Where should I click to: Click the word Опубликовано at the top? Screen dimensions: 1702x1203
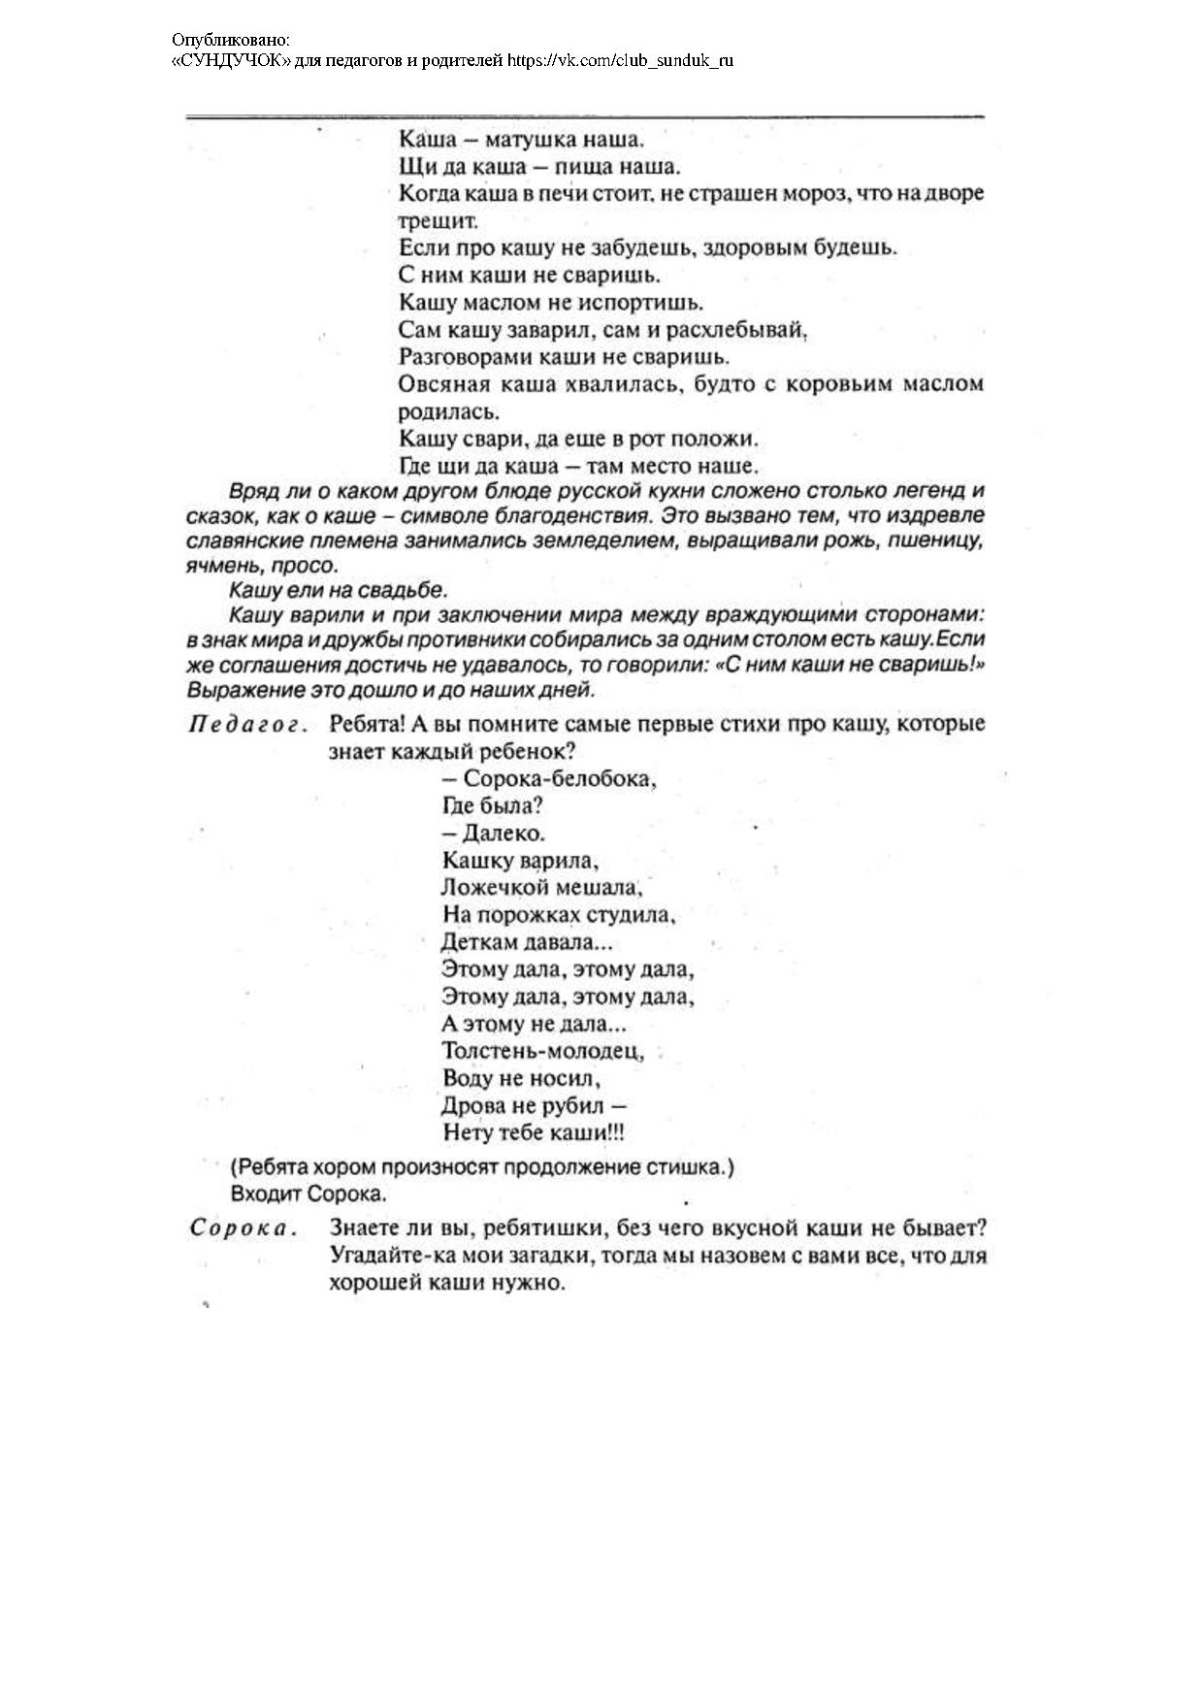click(x=230, y=40)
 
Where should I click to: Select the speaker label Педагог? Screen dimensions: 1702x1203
click(x=247, y=725)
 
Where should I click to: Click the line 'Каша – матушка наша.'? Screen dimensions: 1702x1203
click(x=521, y=139)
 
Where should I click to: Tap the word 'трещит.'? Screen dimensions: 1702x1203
click(x=439, y=220)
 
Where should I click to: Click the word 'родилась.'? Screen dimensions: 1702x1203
click(x=449, y=411)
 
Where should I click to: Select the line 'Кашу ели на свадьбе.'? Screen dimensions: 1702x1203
click(x=339, y=590)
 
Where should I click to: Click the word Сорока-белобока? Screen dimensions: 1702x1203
click(x=560, y=779)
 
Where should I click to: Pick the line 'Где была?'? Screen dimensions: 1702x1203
click(x=492, y=806)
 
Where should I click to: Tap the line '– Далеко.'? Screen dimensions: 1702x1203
click(x=494, y=834)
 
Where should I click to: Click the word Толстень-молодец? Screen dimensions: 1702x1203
click(x=542, y=1051)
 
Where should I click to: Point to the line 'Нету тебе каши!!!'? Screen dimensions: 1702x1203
click(x=533, y=1132)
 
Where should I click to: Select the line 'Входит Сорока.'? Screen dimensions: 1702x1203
click(x=309, y=1194)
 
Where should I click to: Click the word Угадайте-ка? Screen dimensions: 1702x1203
click(x=387, y=1256)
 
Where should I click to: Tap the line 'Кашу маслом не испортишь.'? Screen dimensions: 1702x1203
click(x=551, y=303)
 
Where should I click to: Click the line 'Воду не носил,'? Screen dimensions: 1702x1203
click(x=521, y=1078)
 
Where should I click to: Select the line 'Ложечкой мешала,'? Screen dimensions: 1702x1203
click(x=541, y=888)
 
